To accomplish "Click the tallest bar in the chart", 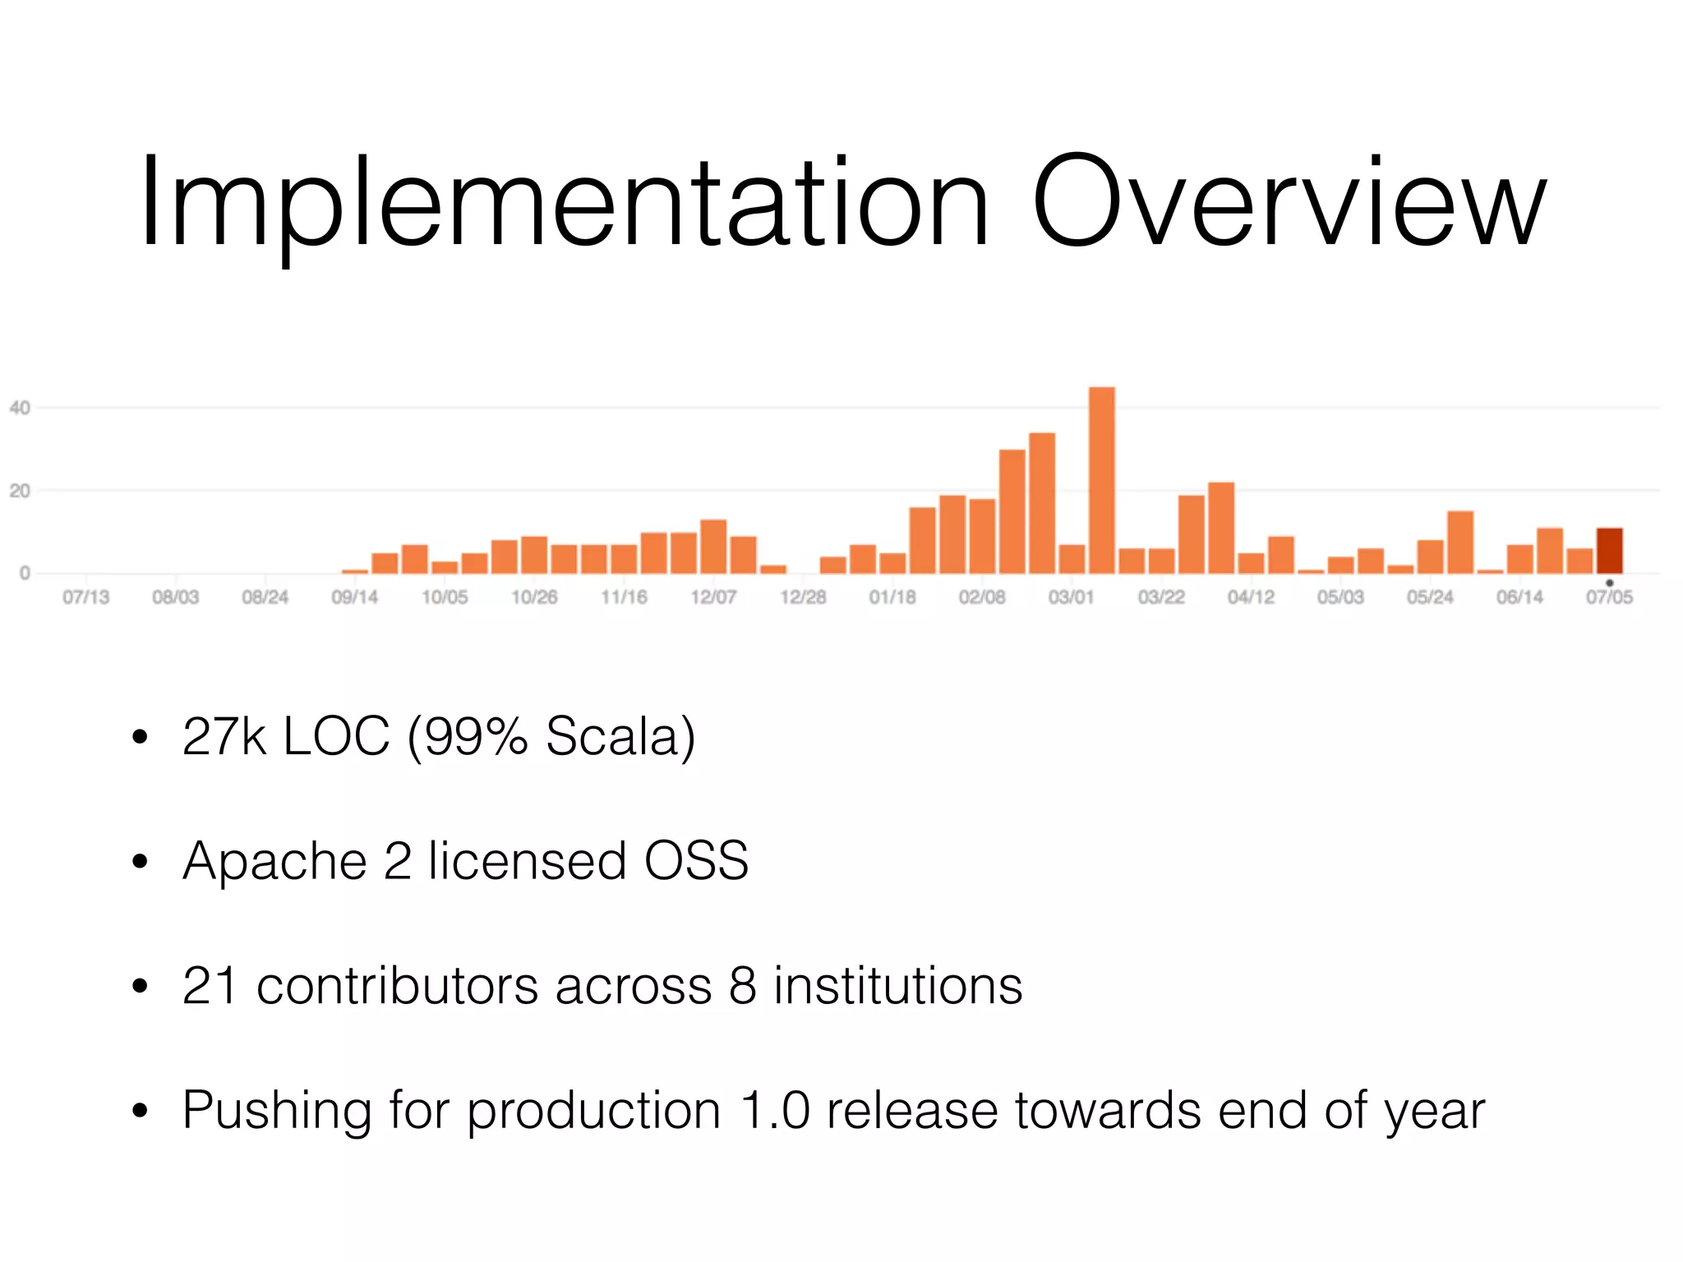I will tap(1101, 481).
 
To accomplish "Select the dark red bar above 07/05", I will tap(1609, 551).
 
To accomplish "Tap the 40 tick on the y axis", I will tap(20, 408).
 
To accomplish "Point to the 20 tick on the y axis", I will tap(20, 491).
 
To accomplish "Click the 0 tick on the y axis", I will tap(25, 573).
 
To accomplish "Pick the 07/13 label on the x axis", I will tap(85, 597).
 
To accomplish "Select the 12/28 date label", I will tap(803, 597).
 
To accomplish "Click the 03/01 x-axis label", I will tap(1072, 597).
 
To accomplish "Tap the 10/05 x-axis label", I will tap(445, 597).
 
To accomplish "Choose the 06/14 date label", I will tap(1519, 597).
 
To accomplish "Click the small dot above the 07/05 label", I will tap(1609, 583).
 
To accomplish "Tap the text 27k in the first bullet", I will tap(224, 736).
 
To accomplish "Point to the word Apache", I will tap(274, 863).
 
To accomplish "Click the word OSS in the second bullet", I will tap(696, 861).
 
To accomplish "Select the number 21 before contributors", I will tap(210, 986).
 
